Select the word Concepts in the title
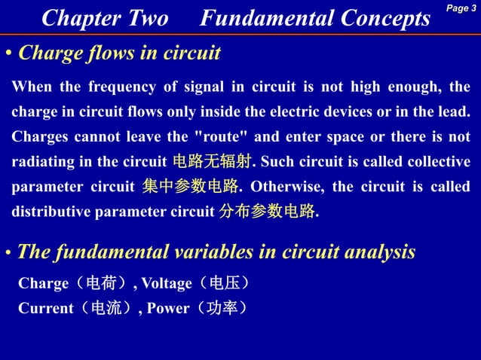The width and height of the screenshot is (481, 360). tap(382, 18)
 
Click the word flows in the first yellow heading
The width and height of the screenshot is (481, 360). tap(103, 53)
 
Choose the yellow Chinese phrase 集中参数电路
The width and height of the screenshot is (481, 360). tap(190, 187)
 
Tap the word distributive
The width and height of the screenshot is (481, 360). tap(51, 212)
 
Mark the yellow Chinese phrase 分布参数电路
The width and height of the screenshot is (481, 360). tap(266, 212)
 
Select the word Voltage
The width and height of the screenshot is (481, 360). tap(167, 284)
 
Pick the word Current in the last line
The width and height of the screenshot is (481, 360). tap(45, 308)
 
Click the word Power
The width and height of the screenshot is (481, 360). tap(168, 308)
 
